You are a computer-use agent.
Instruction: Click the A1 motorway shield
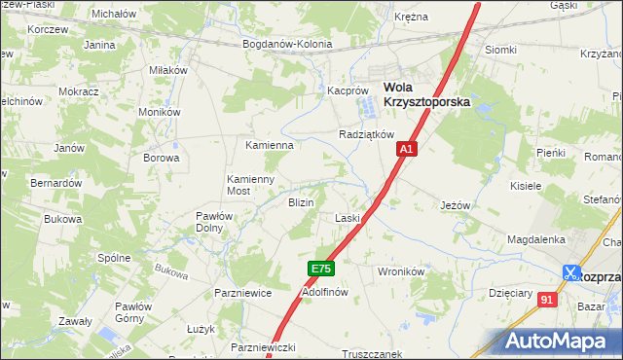coord(407,150)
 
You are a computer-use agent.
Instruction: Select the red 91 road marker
coord(547,300)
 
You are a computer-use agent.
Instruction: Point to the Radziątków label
coord(365,134)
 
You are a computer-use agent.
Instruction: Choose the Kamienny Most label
coord(251,185)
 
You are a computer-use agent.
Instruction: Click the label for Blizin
coord(300,202)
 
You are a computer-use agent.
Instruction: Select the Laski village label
coord(348,218)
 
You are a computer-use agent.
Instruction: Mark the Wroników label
coord(400,272)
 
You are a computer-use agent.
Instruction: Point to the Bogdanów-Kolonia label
coord(287,44)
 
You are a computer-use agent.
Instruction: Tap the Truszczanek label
coord(371,354)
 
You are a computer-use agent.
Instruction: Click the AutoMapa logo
coord(560,342)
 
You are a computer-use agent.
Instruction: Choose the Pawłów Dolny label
coord(211,222)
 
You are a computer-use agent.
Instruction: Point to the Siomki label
coord(500,50)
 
